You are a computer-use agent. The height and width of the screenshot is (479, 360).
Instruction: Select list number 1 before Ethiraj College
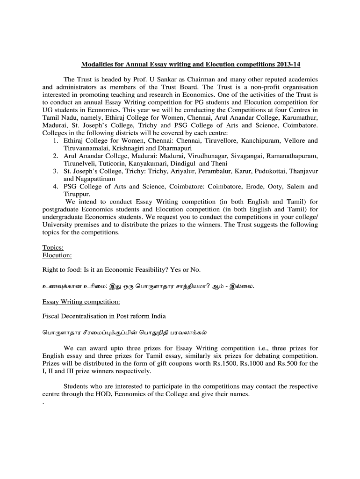[x=55, y=140]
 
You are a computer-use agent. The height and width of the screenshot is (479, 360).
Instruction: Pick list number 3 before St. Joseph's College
[x=55, y=171]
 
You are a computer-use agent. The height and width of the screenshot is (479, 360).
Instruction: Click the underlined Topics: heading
[x=53, y=248]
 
